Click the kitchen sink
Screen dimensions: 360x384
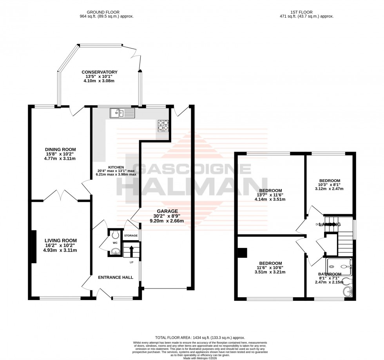[x=122, y=114]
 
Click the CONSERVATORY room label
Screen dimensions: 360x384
[x=100, y=72]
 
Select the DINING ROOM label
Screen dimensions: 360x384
[x=60, y=150]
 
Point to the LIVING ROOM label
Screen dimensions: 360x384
[x=60, y=241]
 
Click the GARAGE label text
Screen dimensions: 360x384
[x=168, y=211]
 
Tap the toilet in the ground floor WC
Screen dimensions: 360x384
[x=115, y=235]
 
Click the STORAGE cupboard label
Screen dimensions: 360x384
[x=131, y=236]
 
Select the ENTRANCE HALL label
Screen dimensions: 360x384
[x=116, y=277]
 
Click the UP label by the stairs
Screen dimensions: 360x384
[x=131, y=262]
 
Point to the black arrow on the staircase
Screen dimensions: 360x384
[x=132, y=249]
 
